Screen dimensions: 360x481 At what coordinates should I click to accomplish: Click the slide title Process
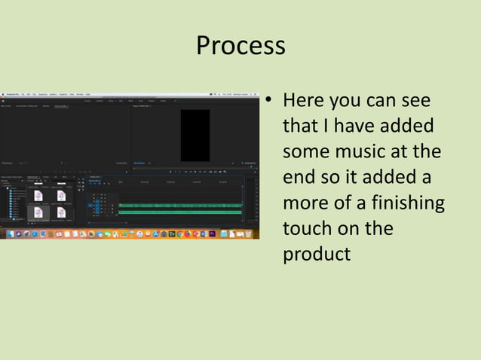(240, 46)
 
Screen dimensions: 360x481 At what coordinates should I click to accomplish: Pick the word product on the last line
(316, 255)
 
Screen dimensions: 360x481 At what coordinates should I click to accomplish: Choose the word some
(306, 151)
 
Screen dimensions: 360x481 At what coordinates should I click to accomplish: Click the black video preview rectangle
(195, 135)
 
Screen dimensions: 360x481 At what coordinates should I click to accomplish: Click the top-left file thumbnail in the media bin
(37, 195)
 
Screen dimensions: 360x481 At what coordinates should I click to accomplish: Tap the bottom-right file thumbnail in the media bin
(60, 213)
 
